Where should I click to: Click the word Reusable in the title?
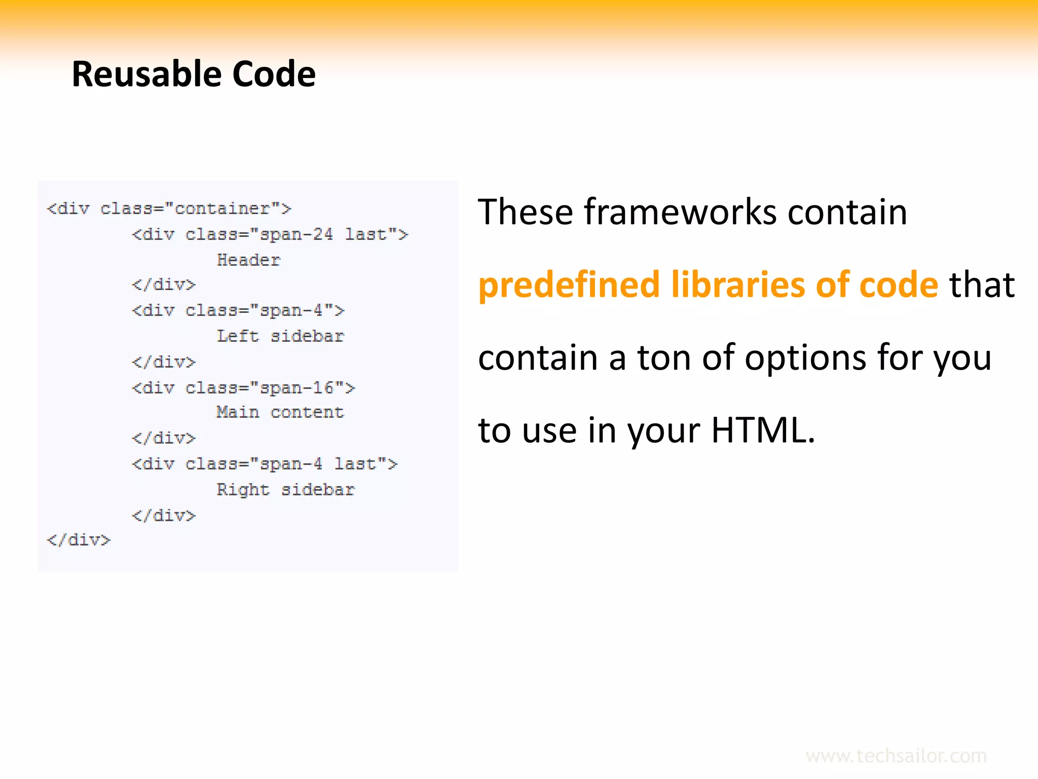coord(146,74)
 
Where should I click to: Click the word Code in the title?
coord(274,74)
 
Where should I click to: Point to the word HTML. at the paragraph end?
coord(763,430)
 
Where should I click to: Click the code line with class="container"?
coord(169,208)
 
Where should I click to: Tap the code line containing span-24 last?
coord(270,234)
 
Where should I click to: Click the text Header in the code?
coord(248,260)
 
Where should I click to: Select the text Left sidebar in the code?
coord(280,336)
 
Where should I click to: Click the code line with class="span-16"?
coord(243,388)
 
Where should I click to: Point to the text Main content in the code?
coord(280,412)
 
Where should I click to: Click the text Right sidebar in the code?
coord(285,490)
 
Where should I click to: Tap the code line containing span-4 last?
coord(265,464)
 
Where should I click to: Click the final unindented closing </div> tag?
coord(79,540)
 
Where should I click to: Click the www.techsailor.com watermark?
coord(896,756)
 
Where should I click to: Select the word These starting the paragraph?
coord(525,212)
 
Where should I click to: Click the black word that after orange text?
coord(982,285)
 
